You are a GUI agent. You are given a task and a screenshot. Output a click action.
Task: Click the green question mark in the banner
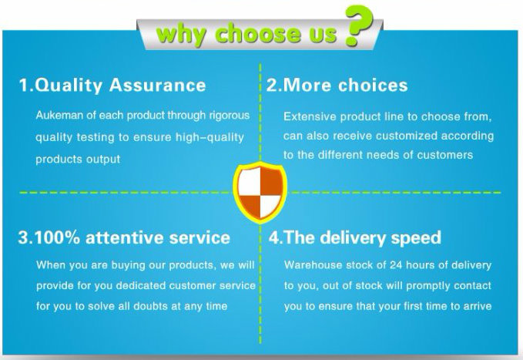pos(359,25)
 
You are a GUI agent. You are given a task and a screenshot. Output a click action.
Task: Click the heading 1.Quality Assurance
pos(112,85)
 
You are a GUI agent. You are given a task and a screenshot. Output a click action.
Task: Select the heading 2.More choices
pos(337,85)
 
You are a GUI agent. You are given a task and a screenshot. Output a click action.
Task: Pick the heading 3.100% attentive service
pos(124,237)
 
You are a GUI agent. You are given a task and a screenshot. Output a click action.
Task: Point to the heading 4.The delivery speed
pos(355,237)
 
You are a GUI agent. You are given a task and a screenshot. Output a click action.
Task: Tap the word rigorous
pos(230,116)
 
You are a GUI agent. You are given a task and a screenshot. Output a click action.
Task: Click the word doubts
pos(150,306)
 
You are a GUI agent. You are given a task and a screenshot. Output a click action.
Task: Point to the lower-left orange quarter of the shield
pos(251,205)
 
